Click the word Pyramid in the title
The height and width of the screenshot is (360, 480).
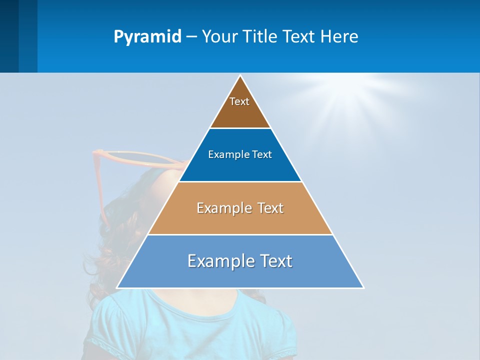click(x=147, y=37)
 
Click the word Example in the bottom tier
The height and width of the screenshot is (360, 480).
click(x=215, y=261)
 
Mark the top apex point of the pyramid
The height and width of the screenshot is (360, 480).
click(x=240, y=76)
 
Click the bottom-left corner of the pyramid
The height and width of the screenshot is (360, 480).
click(x=117, y=287)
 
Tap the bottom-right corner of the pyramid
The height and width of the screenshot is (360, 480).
click(x=363, y=287)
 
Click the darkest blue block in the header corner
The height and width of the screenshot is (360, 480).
click(x=9, y=36)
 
